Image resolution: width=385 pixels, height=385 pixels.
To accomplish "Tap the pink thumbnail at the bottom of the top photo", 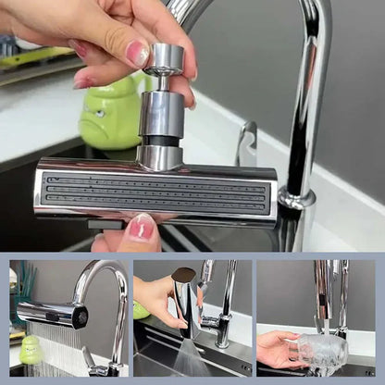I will point(141,227).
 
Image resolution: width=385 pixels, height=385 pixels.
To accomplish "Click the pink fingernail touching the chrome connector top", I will point(138,53).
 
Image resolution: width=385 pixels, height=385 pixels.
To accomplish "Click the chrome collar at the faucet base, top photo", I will point(297,199).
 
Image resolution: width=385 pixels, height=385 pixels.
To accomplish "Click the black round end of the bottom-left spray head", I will point(81,317).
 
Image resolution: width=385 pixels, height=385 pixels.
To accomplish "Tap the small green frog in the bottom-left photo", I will point(31,349).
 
